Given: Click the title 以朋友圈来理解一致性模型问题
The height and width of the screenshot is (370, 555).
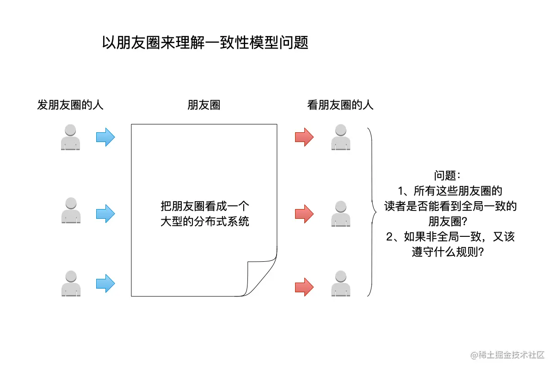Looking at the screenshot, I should pos(205,43).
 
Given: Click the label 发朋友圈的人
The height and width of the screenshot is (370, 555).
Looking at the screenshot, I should pos(70,105).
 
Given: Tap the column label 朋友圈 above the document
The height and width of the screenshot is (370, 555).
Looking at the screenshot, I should pos(203,105).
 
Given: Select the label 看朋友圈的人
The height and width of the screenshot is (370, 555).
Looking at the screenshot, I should pos(340,105).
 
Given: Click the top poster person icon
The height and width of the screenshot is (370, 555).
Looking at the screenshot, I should pos(70,137).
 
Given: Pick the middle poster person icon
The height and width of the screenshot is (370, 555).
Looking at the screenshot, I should pos(70,210).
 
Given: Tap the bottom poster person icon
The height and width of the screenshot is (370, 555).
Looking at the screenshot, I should pos(71,283).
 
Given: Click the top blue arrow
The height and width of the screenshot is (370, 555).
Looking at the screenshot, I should pos(105,137).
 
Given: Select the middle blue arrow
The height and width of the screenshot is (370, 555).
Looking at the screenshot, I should pos(105,214).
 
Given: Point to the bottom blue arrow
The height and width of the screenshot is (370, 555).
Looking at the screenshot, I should pos(105,283).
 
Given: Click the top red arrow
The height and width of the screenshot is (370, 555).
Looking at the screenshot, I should pos(304,137).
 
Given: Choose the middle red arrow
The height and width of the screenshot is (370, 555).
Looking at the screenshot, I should pos(304,214).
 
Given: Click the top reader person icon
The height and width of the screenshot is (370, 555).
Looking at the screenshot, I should pos(340,137).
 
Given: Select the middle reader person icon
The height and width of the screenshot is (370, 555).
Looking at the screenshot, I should pos(340,214).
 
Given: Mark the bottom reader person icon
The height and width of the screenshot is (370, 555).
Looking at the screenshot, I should pos(340,283).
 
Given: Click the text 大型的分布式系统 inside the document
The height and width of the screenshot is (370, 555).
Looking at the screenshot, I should pos(204,221).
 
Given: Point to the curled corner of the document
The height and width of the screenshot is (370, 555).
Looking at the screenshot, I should pos(262,278).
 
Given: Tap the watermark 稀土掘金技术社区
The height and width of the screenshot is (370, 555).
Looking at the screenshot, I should pos(511,355).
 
